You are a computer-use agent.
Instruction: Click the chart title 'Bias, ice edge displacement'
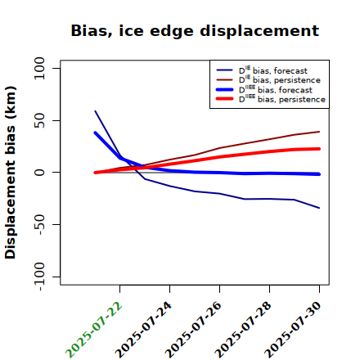click(195, 31)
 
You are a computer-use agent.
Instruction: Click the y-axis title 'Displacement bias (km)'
click(11, 173)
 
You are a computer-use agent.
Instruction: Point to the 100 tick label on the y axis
click(39, 68)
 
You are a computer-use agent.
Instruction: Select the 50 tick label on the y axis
click(39, 120)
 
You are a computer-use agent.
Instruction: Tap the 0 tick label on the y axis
click(39, 173)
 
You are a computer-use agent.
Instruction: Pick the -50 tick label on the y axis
click(40, 224)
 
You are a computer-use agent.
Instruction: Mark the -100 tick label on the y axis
click(40, 277)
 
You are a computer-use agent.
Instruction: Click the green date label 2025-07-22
click(93, 330)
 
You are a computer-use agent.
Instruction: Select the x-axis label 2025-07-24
click(143, 330)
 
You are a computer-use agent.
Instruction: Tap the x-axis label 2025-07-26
click(193, 330)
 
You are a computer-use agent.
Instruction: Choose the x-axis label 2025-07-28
click(243, 330)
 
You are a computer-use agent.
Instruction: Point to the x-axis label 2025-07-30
click(293, 330)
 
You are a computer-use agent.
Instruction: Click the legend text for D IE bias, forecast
click(273, 70)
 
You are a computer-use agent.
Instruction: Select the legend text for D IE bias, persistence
click(280, 79)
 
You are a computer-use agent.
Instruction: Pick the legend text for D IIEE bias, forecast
click(276, 89)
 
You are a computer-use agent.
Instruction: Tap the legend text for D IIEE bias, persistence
click(282, 99)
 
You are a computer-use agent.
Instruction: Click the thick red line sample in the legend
click(224, 99)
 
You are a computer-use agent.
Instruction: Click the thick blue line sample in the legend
click(224, 89)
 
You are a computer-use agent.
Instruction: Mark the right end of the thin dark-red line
click(319, 132)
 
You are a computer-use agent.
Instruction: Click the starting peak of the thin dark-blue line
click(95, 110)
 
